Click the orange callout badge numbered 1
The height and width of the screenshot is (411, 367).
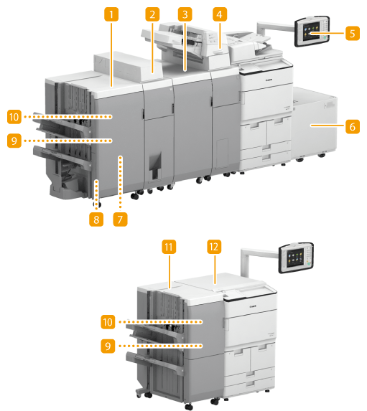tap(111, 14)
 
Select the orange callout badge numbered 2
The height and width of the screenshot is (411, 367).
tap(152, 14)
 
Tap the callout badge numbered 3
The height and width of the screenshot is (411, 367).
tap(185, 14)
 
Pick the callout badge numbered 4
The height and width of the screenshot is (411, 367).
tap(220, 14)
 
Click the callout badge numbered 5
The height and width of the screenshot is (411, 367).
tap(353, 33)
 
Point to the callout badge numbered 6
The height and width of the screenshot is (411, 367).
tap(353, 126)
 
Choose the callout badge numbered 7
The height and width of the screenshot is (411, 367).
tap(120, 219)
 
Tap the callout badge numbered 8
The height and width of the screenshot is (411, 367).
tap(96, 219)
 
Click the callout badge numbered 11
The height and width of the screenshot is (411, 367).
tap(169, 247)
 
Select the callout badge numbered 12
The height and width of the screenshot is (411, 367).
tap(214, 247)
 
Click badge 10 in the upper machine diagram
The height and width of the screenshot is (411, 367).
tap(14, 117)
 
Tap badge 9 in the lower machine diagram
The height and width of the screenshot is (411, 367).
tap(108, 346)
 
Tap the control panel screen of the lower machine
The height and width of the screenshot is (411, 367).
tap(295, 258)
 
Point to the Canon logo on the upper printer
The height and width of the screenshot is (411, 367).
tap(269, 80)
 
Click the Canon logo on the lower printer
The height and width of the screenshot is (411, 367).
tap(253, 306)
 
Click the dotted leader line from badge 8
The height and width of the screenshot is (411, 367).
tap(97, 194)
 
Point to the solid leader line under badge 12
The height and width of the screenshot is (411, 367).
tap(215, 269)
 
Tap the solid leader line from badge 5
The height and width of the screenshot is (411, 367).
tap(327, 33)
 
